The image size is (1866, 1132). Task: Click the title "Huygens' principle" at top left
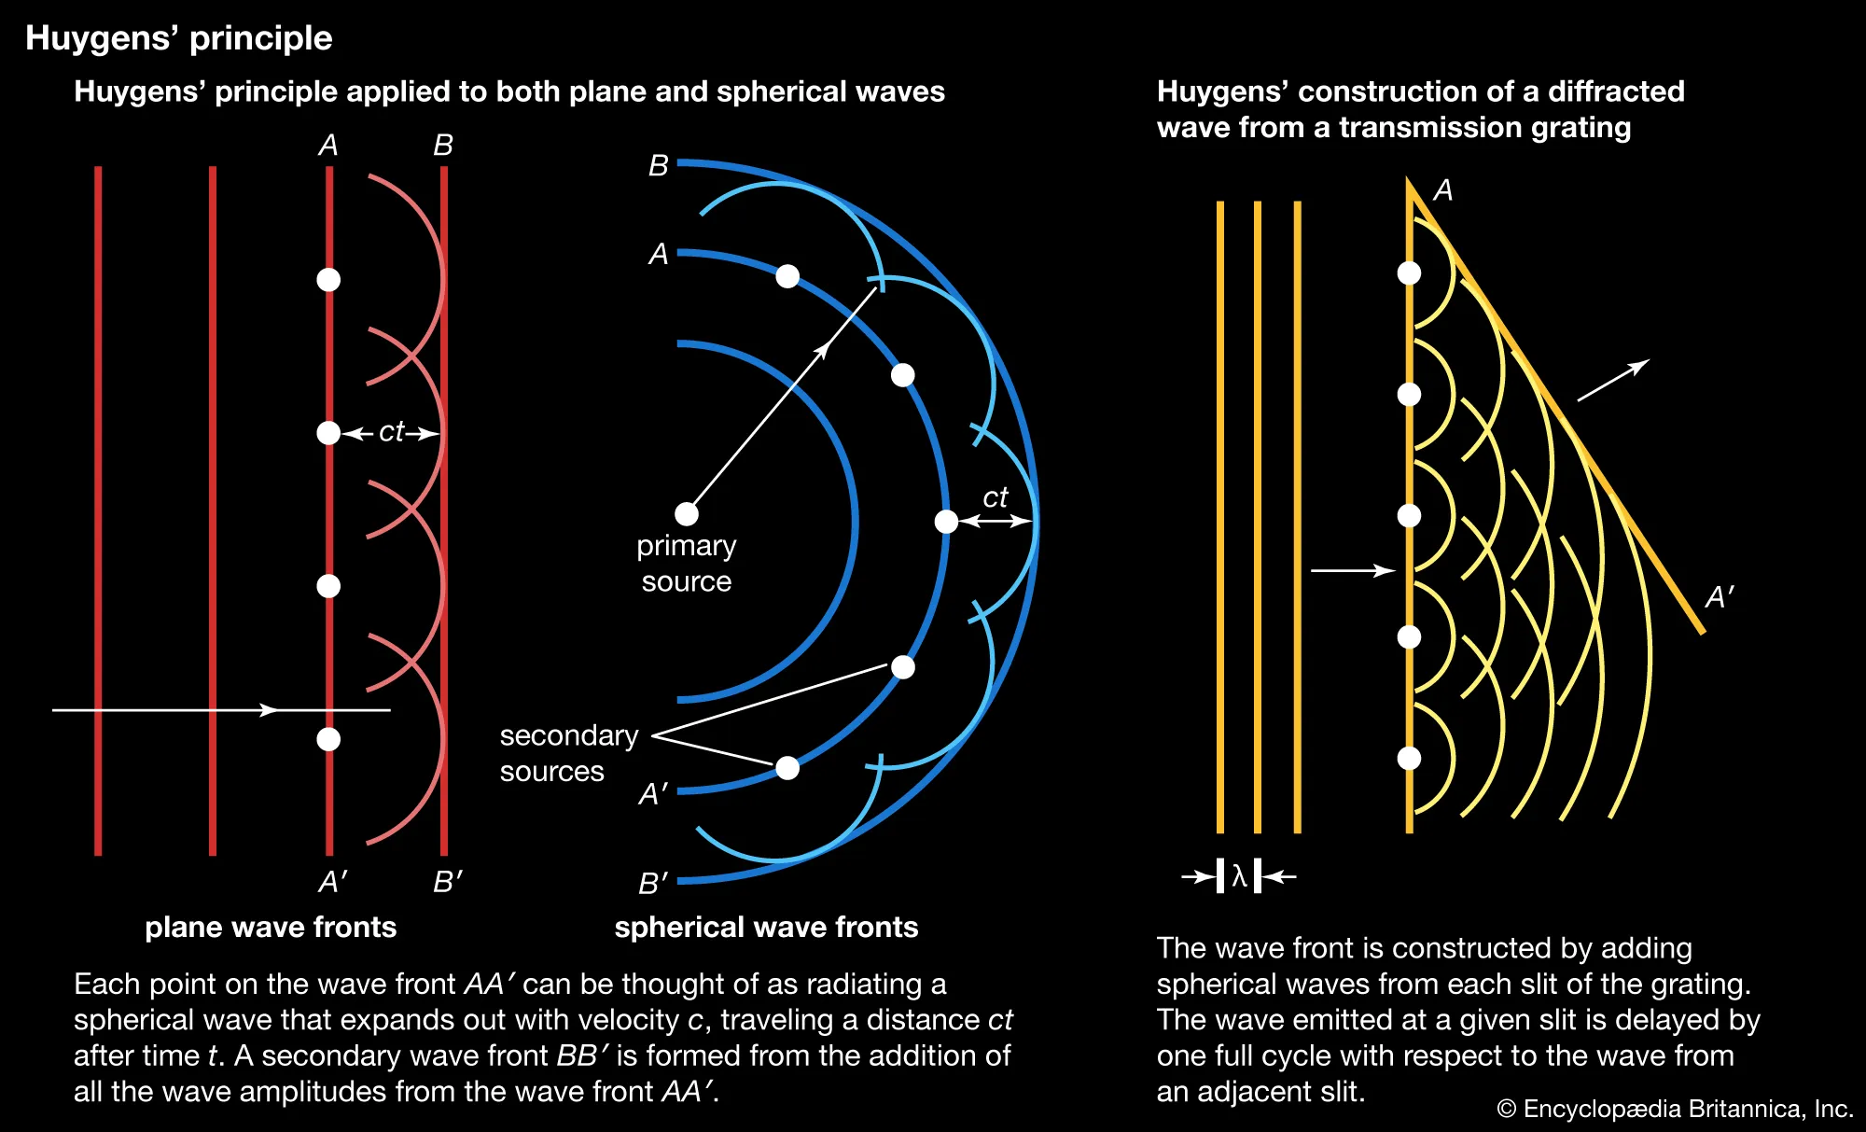pos(178,38)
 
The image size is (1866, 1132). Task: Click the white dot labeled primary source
pos(687,514)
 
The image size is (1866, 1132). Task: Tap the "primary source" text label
pos(687,563)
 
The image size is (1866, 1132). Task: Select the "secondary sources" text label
pos(568,753)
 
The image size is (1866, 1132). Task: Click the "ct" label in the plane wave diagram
pos(391,431)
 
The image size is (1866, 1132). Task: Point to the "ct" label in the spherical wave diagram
pos(996,497)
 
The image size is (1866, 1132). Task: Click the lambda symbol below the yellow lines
pos(1239,876)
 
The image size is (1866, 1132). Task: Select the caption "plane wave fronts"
pos(271,927)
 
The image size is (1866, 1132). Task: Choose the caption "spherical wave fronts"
pos(766,927)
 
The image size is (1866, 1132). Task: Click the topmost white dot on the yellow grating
pos(1409,273)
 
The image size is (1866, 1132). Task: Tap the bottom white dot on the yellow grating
pos(1409,758)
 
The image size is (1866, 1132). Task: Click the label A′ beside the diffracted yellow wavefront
pos(1719,597)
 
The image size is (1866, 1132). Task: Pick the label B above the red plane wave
pos(443,146)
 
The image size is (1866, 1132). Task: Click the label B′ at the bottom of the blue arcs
pos(653,883)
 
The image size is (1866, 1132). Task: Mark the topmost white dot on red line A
pos(328,280)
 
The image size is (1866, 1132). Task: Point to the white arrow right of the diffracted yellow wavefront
pos(1613,381)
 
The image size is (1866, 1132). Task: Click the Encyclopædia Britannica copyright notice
pos(1675,1109)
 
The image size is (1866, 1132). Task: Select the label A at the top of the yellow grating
pos(1442,190)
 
